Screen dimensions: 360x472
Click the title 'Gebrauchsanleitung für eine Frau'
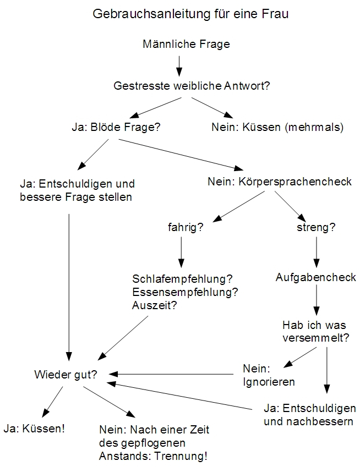coord(190,14)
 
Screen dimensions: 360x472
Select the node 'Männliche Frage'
coord(186,44)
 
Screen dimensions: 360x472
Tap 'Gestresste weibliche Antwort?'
coord(192,86)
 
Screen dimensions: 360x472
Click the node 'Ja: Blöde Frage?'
coord(116,127)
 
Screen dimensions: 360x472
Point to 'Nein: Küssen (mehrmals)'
coord(277,127)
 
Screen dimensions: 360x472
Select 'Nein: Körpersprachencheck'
coord(280,182)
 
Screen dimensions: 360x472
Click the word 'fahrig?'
coord(186,227)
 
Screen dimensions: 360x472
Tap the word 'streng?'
coord(316,227)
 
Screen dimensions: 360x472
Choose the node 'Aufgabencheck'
coord(316,277)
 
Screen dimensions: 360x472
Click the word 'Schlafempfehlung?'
coord(183,279)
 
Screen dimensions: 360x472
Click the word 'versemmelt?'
coord(316,338)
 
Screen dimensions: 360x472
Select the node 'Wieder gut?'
coord(66,375)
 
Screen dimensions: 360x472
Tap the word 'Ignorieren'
coord(269,382)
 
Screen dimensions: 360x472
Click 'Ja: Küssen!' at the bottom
coord(34,429)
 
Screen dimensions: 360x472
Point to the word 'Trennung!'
coord(181,457)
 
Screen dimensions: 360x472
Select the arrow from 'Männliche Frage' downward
coord(179,66)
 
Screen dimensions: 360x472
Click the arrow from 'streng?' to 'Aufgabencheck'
coord(317,253)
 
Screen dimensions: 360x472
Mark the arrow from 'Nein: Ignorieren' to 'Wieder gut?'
coord(171,374)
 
